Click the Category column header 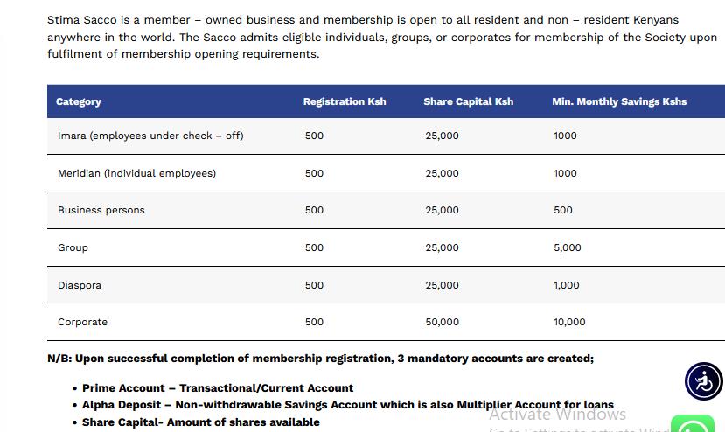click(79, 101)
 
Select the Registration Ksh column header click(345, 101)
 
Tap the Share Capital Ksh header click(468, 101)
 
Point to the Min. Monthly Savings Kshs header click(619, 101)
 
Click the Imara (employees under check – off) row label click(150, 136)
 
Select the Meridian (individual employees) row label click(136, 173)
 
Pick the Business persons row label click(101, 210)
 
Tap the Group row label click(73, 247)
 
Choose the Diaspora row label click(80, 285)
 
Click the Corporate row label click(82, 322)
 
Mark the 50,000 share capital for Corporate click(442, 322)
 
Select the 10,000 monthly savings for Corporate click(569, 322)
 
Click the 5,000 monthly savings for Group click(567, 247)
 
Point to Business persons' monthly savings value click(563, 210)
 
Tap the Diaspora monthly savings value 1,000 click(566, 285)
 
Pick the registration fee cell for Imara click(314, 136)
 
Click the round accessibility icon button click(703, 381)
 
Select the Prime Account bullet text click(218, 387)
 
